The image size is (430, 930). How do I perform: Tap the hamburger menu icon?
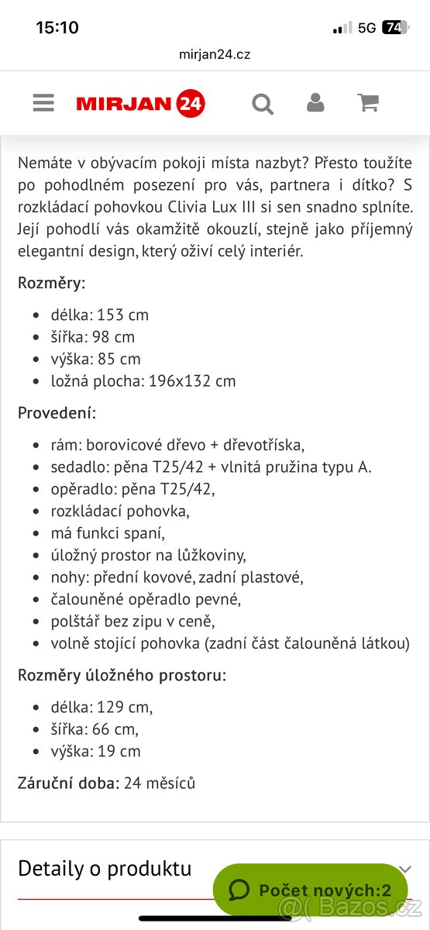[x=43, y=103]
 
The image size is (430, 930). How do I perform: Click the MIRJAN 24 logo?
[x=140, y=103]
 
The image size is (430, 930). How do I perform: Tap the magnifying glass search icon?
[x=263, y=103]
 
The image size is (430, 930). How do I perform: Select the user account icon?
[x=315, y=103]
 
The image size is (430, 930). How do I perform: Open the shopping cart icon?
[x=368, y=103]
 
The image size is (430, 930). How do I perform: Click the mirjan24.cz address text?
[x=215, y=54]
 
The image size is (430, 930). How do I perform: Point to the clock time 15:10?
[x=57, y=28]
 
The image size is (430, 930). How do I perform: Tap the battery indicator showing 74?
[x=394, y=28]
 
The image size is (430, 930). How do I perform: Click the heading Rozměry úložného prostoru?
[x=122, y=675]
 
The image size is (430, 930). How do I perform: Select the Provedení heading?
[x=57, y=413]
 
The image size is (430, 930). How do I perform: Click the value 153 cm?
[x=122, y=315]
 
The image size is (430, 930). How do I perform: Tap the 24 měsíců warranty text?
[x=160, y=783]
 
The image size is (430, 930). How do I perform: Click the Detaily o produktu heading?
[x=105, y=868]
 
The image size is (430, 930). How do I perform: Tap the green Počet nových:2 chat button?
[x=310, y=890]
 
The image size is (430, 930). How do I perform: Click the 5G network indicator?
[x=366, y=28]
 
